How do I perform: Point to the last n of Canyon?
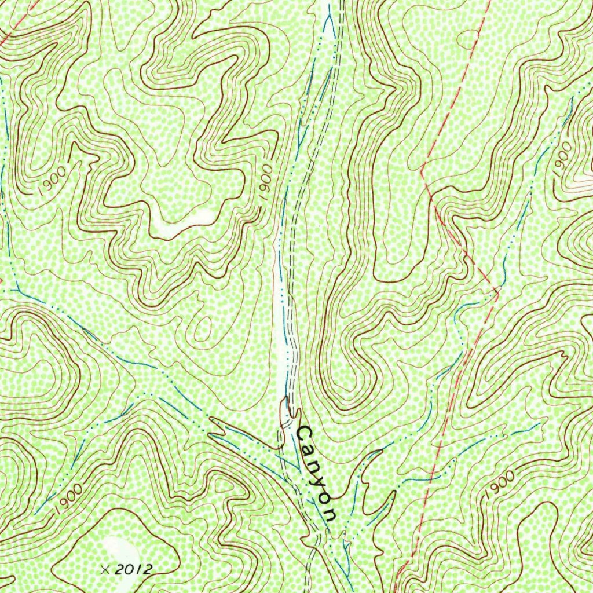[330, 513]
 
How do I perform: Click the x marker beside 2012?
[105, 569]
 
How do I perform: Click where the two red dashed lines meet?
[497, 288]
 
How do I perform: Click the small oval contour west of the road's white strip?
[203, 331]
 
